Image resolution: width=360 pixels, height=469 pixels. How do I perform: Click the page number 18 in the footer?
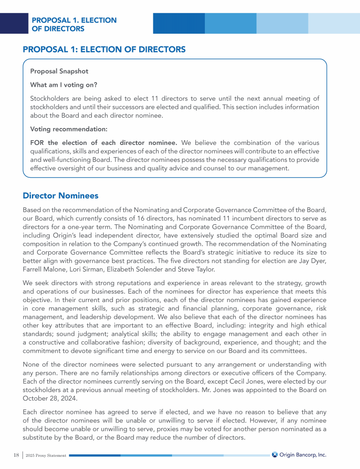pyautogui.click(x=16, y=455)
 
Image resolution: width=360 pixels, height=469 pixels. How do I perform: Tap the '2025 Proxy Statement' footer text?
pyautogui.click(x=46, y=455)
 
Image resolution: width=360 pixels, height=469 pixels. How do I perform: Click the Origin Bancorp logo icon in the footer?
pyautogui.click(x=275, y=454)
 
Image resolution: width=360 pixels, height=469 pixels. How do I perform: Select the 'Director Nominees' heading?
pyautogui.click(x=60, y=195)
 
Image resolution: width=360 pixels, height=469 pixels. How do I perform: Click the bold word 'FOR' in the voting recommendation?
pyautogui.click(x=37, y=143)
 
